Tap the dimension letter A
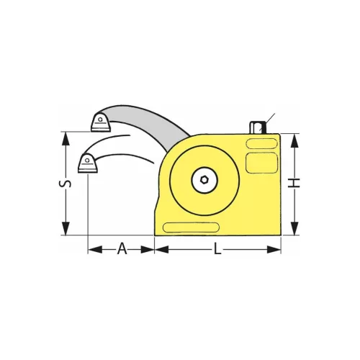(x=122, y=249)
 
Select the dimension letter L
(x=217, y=249)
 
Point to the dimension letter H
(x=294, y=185)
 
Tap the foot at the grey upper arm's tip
(x=100, y=124)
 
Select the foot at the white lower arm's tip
(x=87, y=165)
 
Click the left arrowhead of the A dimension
(x=92, y=250)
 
